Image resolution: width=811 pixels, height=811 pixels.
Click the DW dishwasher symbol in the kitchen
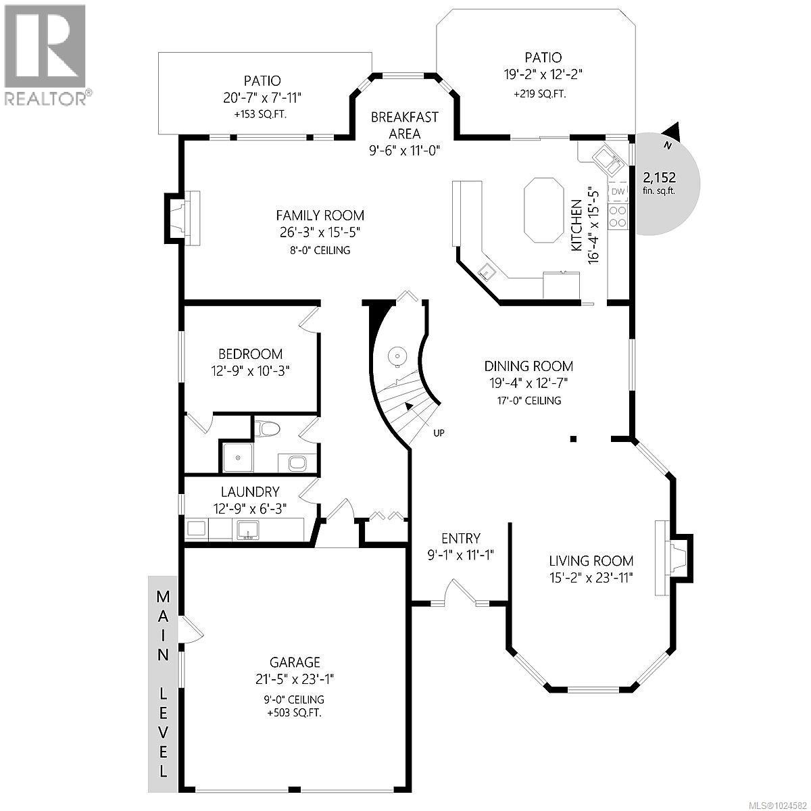pyautogui.click(x=618, y=192)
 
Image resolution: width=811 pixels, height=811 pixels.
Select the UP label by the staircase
pyautogui.click(x=439, y=433)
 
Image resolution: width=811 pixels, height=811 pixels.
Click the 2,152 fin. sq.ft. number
pyautogui.click(x=659, y=178)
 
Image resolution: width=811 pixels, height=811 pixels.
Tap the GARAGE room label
pyautogui.click(x=295, y=662)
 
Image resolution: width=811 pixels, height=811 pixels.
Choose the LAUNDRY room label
pyautogui.click(x=249, y=492)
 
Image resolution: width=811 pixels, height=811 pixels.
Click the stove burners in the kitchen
pyautogui.click(x=618, y=216)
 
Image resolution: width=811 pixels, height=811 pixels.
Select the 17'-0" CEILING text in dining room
pyautogui.click(x=529, y=401)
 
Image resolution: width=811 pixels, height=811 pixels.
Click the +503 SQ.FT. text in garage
pyautogui.click(x=295, y=713)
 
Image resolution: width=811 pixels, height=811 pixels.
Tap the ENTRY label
pyautogui.click(x=460, y=539)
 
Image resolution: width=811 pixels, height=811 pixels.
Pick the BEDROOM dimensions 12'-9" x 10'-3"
pyautogui.click(x=250, y=370)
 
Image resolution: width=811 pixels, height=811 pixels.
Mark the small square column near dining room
pyautogui.click(x=573, y=439)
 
